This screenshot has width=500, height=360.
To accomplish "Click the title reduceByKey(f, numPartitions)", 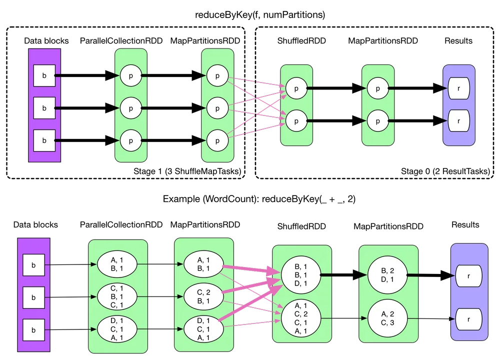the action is click(x=260, y=14).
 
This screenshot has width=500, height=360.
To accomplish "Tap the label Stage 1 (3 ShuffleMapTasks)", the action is click(x=187, y=171).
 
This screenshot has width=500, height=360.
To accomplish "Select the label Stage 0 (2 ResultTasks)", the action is click(x=445, y=171).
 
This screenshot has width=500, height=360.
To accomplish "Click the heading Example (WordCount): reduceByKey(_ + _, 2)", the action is click(x=259, y=199).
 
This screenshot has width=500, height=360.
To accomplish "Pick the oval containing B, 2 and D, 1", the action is click(x=387, y=275).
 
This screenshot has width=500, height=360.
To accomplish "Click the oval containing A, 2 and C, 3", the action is click(x=387, y=318).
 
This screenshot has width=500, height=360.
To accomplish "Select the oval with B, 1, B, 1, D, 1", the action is click(x=300, y=275).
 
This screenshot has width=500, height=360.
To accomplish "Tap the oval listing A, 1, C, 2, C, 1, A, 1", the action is click(x=300, y=318).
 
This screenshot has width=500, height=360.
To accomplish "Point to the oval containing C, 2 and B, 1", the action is click(x=203, y=296).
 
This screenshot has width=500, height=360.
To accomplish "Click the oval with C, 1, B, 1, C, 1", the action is click(x=116, y=296).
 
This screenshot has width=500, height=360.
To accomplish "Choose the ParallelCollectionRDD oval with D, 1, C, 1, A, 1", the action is click(x=116, y=329).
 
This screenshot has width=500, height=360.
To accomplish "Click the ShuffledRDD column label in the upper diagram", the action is click(x=301, y=41).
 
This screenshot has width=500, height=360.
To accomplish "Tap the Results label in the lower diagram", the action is click(x=465, y=225).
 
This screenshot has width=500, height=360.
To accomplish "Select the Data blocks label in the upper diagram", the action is click(x=46, y=41).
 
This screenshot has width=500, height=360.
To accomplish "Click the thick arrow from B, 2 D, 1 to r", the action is click(x=430, y=275).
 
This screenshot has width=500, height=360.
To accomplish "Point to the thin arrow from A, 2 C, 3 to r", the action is click(x=431, y=318).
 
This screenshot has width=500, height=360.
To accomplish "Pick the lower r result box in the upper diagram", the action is click(x=458, y=121).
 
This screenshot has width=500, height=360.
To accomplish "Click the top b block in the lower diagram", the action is click(x=33, y=265).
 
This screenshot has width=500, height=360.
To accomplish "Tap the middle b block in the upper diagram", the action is click(x=44, y=108).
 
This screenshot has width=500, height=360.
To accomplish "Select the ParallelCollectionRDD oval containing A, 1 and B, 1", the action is click(x=116, y=264).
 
